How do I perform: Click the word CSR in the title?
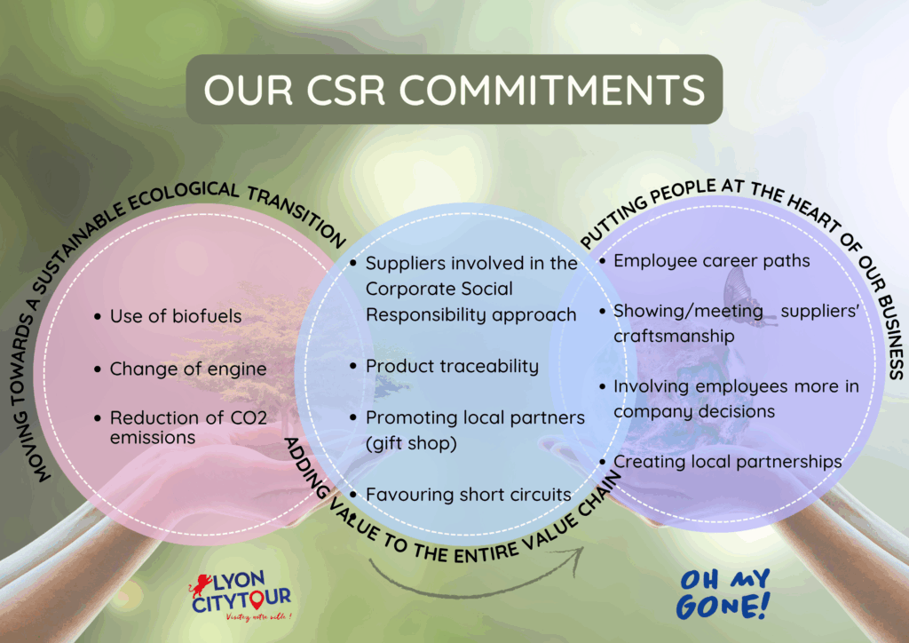click(x=345, y=90)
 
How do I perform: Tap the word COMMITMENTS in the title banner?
click(x=552, y=90)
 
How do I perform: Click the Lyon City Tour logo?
click(x=241, y=595)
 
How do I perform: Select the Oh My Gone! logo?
click(x=723, y=594)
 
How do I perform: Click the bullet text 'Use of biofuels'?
click(x=176, y=316)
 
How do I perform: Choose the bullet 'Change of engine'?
click(x=188, y=369)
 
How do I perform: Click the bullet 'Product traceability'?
click(x=452, y=367)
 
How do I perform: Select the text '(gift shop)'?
click(x=411, y=443)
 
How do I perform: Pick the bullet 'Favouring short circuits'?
click(x=469, y=495)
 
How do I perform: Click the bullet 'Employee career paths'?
click(x=711, y=261)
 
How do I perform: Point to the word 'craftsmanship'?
click(x=674, y=337)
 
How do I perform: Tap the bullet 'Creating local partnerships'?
click(x=728, y=462)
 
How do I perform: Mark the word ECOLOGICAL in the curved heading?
click(x=181, y=196)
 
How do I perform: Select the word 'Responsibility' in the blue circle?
click(x=422, y=314)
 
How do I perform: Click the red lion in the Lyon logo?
click(x=200, y=585)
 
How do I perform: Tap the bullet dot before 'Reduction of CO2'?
click(x=98, y=418)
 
